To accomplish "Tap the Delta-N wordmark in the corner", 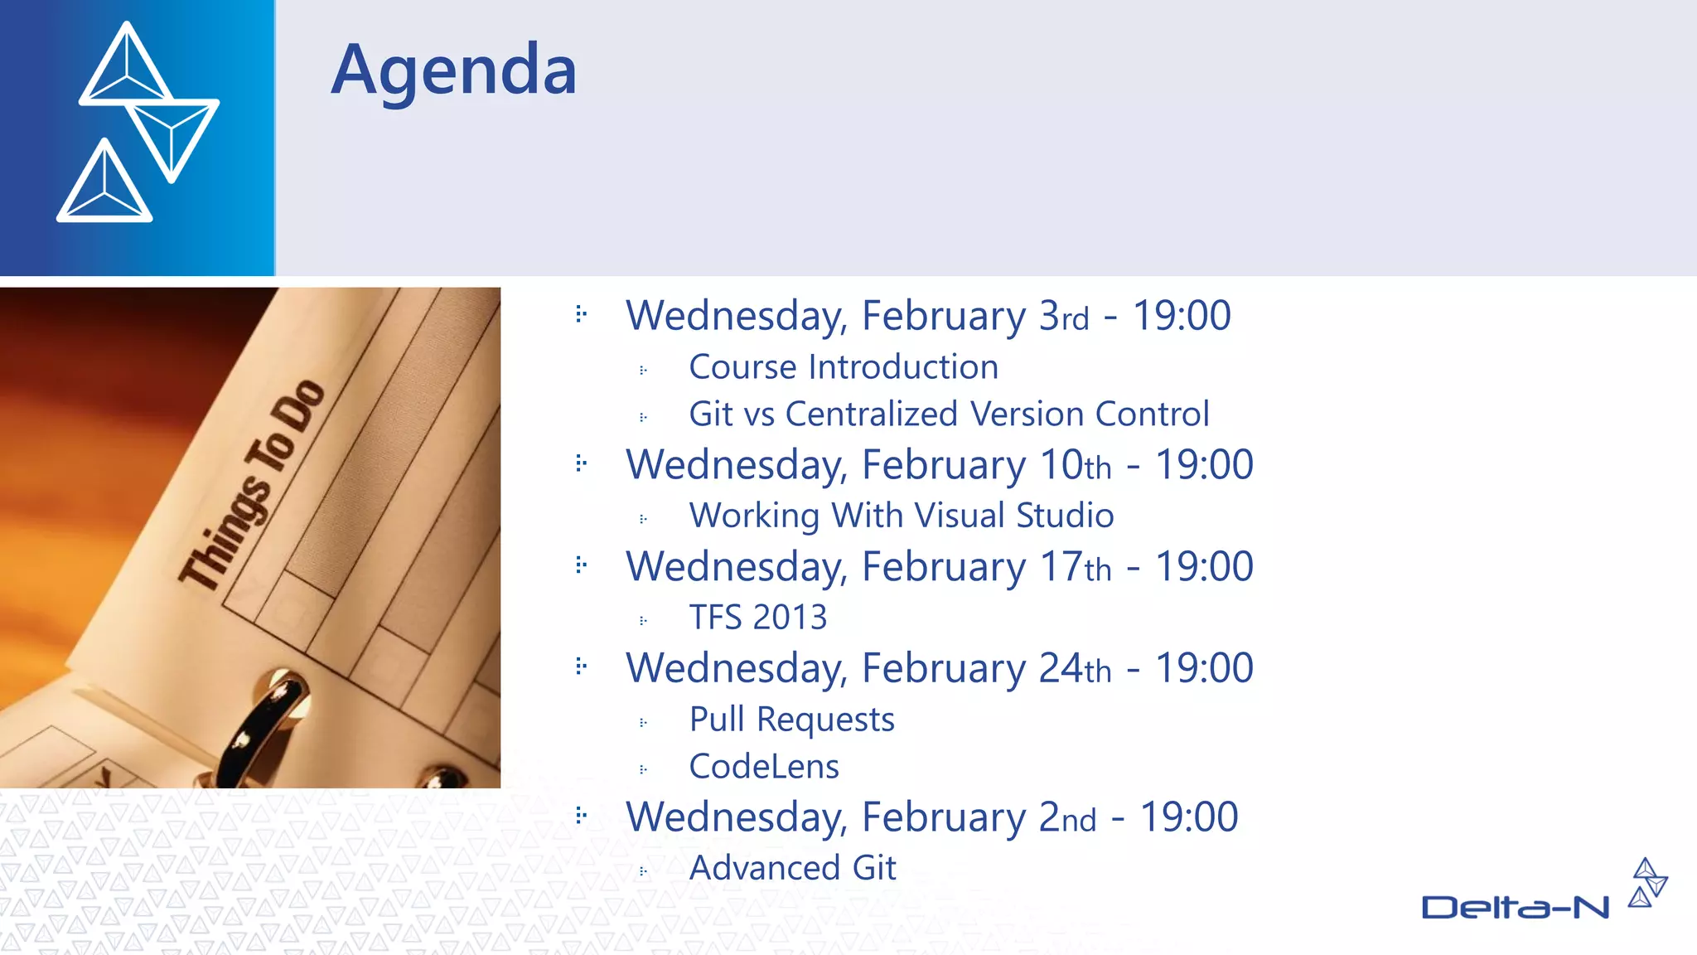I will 1515,908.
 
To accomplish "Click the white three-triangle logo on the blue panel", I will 138,122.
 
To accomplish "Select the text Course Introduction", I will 843,367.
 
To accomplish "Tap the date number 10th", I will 1075,465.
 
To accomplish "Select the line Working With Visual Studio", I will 901,516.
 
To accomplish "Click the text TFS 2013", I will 757,618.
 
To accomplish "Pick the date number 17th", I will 1075,567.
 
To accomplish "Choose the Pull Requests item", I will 791,720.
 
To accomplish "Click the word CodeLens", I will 763,767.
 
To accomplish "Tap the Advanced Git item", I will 792,868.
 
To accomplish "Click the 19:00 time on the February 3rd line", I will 1181,316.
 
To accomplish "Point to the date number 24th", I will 1075,668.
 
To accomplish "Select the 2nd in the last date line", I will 1067,817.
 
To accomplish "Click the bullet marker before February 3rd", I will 581,314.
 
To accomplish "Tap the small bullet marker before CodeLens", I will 643,769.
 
